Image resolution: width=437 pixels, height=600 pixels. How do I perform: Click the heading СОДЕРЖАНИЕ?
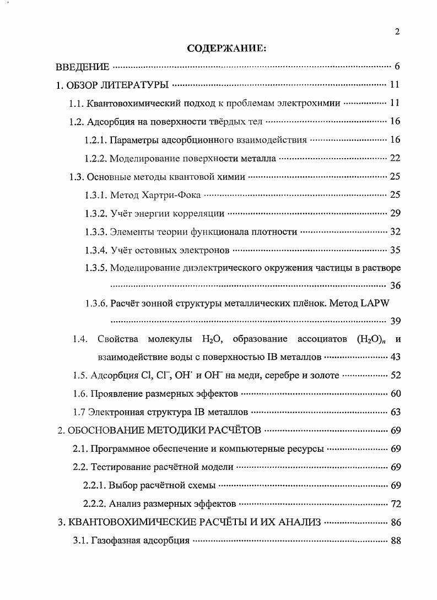(x=226, y=48)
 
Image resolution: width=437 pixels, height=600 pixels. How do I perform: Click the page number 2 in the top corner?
(x=397, y=31)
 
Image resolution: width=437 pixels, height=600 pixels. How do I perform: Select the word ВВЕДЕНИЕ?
(x=83, y=67)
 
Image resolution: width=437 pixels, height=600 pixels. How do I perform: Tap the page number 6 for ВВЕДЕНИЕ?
(x=397, y=67)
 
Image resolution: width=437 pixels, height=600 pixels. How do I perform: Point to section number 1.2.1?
(x=95, y=140)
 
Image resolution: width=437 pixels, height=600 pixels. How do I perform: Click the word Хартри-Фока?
(x=174, y=195)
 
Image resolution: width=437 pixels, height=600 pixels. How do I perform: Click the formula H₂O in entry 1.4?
(x=212, y=339)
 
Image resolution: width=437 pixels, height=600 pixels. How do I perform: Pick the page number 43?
(x=395, y=357)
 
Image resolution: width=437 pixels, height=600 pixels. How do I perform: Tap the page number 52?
(x=395, y=376)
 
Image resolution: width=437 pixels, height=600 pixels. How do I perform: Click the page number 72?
(x=395, y=504)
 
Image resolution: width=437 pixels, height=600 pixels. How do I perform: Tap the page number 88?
(x=395, y=540)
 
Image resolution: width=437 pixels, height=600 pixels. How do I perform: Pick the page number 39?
(x=395, y=322)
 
